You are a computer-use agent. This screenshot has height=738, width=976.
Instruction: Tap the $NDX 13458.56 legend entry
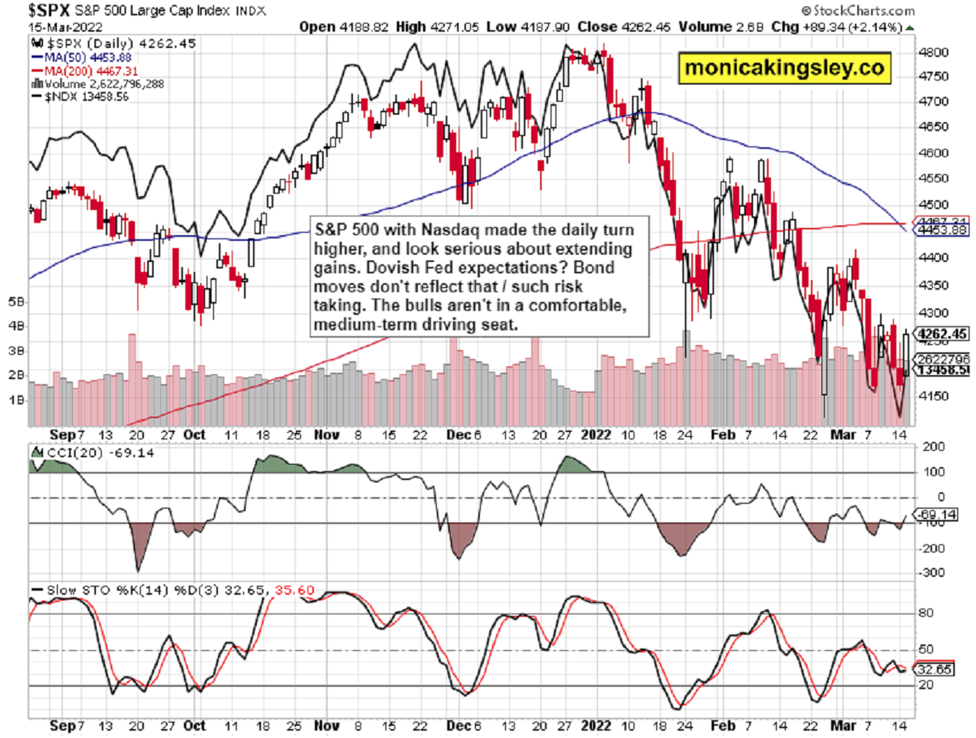[x=77, y=95]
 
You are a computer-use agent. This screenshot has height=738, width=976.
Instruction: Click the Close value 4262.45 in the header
[x=630, y=27]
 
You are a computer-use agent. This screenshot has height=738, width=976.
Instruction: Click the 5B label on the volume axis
[x=16, y=302]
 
